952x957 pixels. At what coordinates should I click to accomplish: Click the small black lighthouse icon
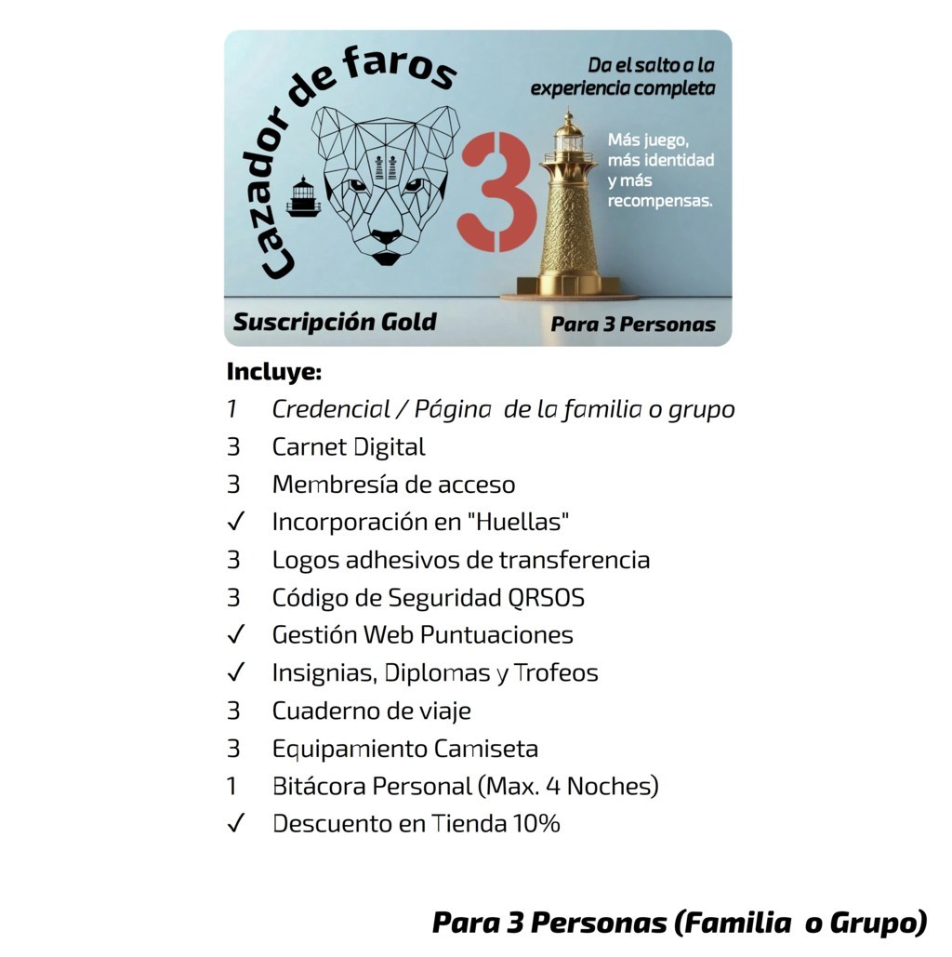tap(303, 196)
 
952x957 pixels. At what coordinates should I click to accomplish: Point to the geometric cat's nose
tap(387, 237)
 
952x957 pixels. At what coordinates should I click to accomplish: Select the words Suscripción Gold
tap(335, 322)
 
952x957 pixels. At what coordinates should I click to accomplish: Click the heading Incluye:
tap(274, 371)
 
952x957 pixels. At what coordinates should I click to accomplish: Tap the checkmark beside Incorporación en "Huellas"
tap(235, 521)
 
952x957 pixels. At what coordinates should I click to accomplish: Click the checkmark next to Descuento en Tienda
tap(235, 823)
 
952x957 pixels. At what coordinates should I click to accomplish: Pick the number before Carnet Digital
tap(233, 446)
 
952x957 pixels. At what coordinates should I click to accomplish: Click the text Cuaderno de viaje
tap(372, 711)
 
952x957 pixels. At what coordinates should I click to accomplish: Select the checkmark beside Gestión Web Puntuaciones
tap(235, 634)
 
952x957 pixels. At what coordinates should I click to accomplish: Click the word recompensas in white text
tap(660, 201)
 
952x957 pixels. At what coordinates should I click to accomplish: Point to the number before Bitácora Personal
tap(231, 786)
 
